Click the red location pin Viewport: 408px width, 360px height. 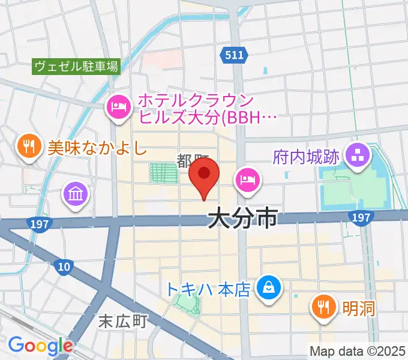point(204,178)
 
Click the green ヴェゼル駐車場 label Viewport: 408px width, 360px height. point(76,66)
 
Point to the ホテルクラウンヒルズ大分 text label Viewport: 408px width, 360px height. point(208,108)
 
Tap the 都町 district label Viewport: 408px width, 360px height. point(192,160)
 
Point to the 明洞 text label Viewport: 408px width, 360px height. point(358,308)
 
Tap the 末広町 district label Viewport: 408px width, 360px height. point(122,322)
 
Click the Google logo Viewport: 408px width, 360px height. point(40,346)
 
